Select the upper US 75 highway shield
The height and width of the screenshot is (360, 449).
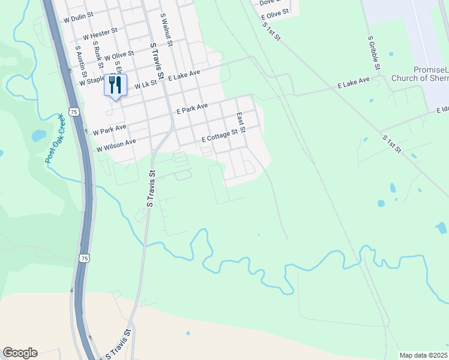click(74, 112)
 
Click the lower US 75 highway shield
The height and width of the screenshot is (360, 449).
click(85, 258)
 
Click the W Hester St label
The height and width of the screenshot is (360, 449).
click(100, 33)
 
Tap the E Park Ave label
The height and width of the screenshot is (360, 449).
click(191, 109)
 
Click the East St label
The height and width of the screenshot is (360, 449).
click(241, 122)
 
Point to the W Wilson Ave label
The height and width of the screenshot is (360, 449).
click(116, 145)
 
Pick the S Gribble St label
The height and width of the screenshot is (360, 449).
click(372, 52)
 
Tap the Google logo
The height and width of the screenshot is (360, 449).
click(20, 353)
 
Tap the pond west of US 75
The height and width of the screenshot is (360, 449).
click(38, 136)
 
